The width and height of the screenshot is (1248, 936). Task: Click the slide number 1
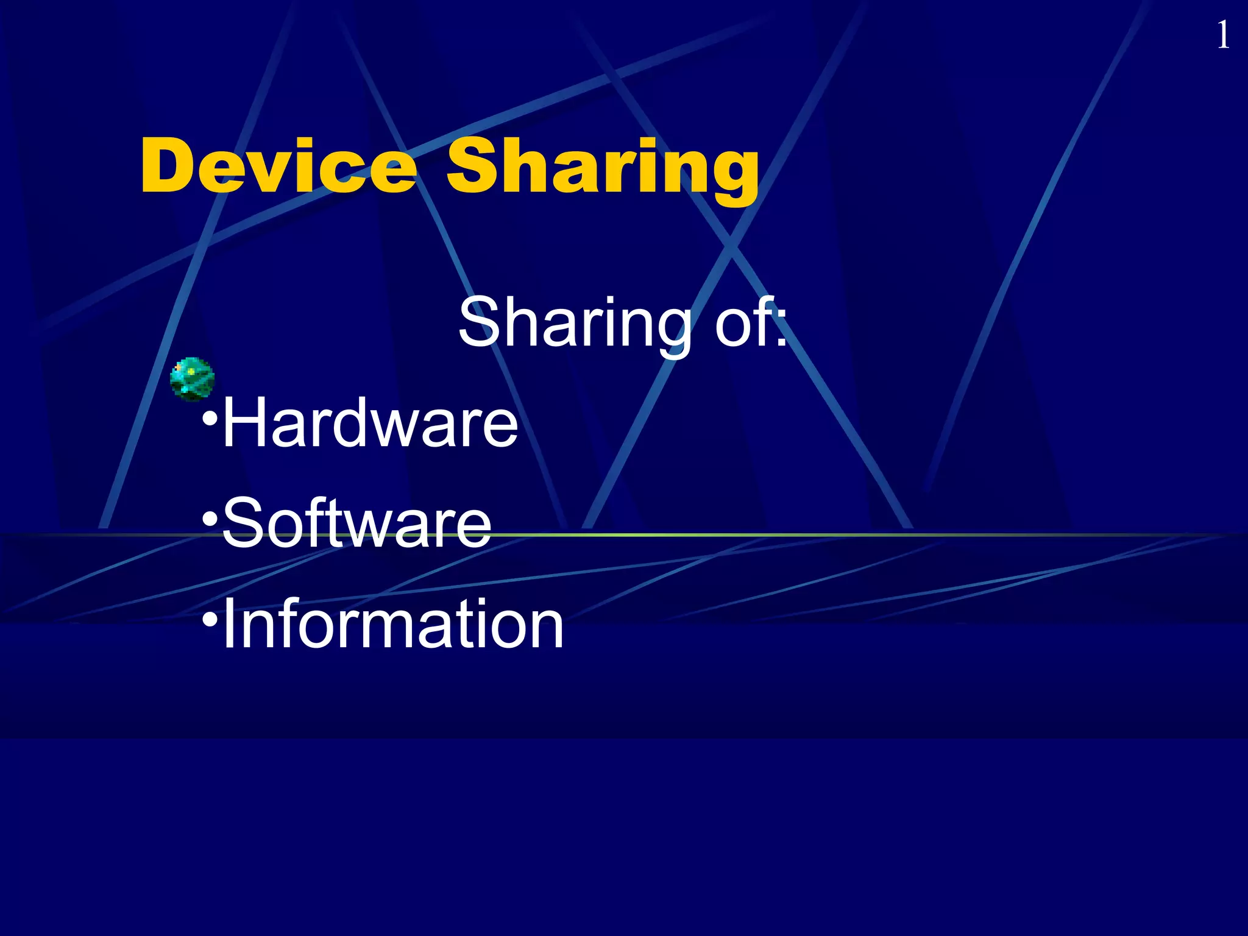coord(1222,35)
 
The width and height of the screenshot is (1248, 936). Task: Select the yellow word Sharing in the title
coord(603,168)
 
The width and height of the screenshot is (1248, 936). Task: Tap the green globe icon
coord(192,379)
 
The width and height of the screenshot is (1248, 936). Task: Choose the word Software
coord(357,523)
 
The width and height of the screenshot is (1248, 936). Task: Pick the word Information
coord(393,624)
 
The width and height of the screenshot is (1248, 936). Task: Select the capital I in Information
coord(230,624)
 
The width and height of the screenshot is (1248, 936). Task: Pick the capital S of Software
coord(241,523)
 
